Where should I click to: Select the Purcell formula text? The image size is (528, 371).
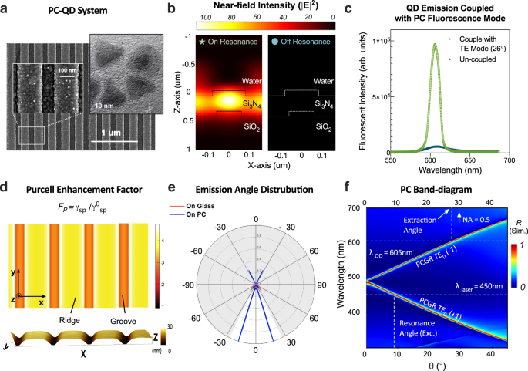(x=92, y=210)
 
